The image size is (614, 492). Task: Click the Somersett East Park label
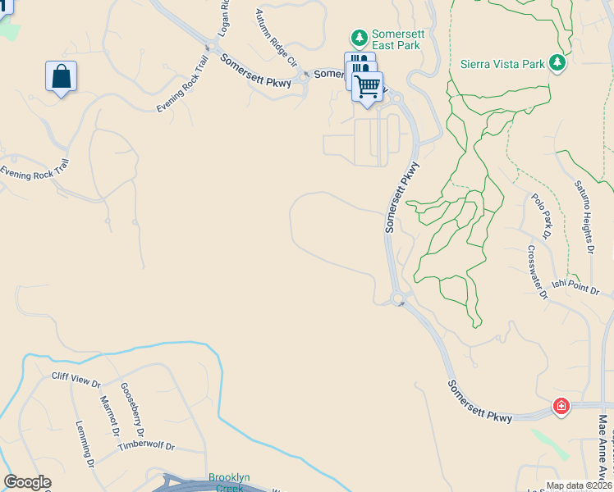coord(397,39)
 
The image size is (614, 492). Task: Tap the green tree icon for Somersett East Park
coord(359,38)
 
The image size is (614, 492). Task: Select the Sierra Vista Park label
coord(503,63)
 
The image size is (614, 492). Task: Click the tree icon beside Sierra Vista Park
coord(557,62)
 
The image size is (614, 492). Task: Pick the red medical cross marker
coord(561,406)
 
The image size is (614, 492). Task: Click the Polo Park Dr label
coord(540,212)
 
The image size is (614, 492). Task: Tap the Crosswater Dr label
coord(537,273)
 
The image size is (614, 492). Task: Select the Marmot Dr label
coord(109,416)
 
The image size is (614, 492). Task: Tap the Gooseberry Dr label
coord(132,410)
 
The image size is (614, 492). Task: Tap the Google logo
coord(27,482)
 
